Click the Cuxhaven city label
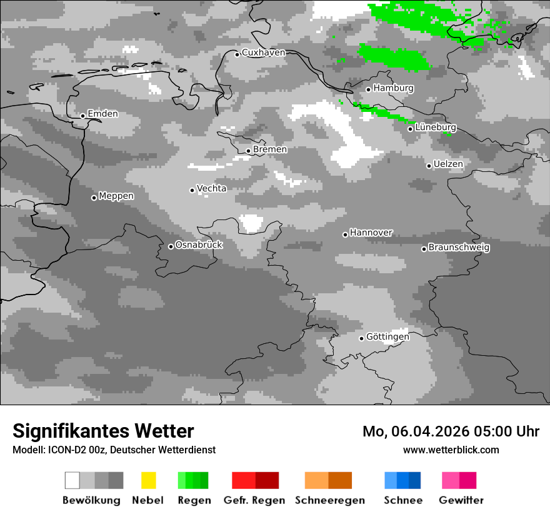click(263, 53)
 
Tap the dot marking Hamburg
click(369, 89)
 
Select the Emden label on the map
click(102, 114)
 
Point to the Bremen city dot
click(248, 151)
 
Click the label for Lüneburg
click(436, 128)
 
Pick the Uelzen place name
click(448, 164)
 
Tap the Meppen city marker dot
click(94, 198)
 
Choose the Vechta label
click(211, 188)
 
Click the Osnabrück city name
click(199, 245)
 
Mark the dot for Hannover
click(345, 234)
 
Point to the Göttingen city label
click(387, 337)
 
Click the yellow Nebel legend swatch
click(148, 480)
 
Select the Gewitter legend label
click(461, 500)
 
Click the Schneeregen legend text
click(330, 500)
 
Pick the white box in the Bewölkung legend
click(72, 480)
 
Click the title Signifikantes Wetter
click(103, 431)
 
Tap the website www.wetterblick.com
click(451, 450)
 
